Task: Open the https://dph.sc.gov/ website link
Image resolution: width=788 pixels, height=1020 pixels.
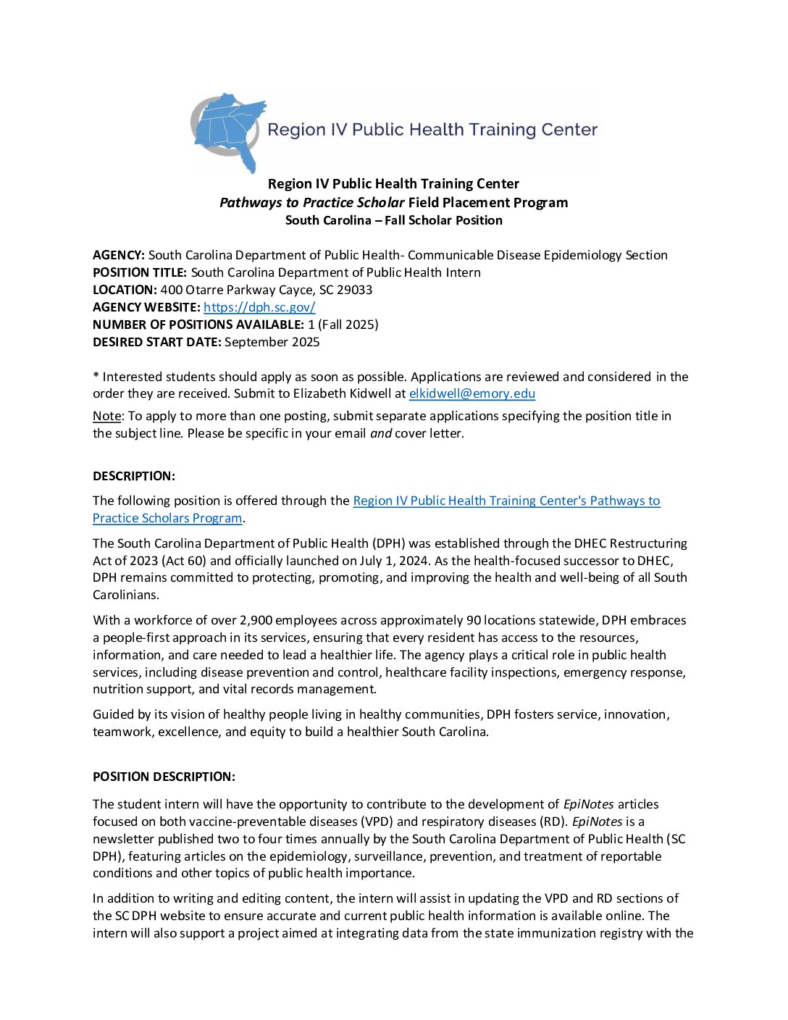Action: click(x=259, y=307)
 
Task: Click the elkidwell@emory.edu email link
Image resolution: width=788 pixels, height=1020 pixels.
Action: click(x=471, y=394)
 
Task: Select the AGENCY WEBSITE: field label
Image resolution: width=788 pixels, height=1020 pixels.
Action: click(x=146, y=307)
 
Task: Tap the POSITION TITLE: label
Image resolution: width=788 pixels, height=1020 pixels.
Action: click(x=140, y=272)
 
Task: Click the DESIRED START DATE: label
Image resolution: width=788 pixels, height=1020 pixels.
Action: click(x=156, y=342)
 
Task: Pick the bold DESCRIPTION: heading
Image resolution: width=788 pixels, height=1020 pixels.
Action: click(x=134, y=476)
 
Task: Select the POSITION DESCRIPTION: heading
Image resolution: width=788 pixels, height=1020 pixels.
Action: click(x=164, y=777)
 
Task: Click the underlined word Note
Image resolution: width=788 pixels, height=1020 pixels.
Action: click(x=106, y=416)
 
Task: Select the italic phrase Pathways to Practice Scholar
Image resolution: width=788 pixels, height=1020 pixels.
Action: click(x=312, y=203)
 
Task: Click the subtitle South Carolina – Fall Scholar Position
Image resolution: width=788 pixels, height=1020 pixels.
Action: click(x=393, y=220)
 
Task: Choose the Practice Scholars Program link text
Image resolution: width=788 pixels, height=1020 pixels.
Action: click(x=167, y=519)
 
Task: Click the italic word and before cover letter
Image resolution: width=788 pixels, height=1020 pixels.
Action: click(x=381, y=433)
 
